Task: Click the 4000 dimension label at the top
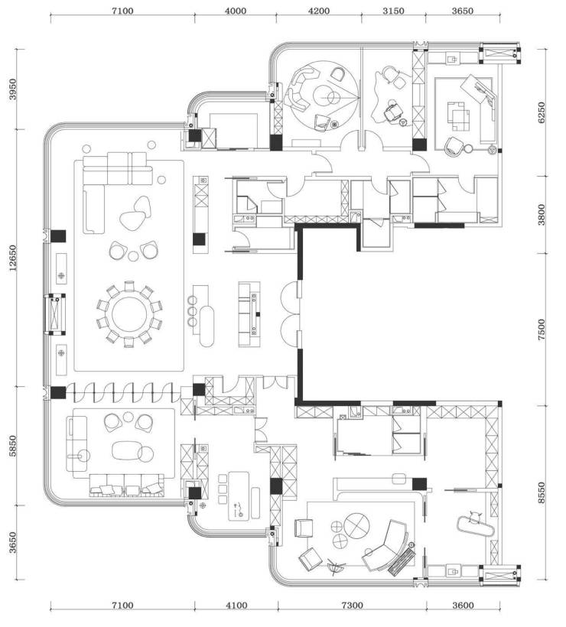[x=236, y=11]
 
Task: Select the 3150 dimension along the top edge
[x=393, y=11]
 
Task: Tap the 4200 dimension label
[x=319, y=11]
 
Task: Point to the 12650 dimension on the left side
[x=13, y=258]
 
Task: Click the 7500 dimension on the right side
[x=542, y=330]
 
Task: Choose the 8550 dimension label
[x=542, y=492]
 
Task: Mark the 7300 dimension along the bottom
[x=352, y=606]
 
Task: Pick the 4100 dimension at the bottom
[x=236, y=606]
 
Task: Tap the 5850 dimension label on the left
[x=13, y=446]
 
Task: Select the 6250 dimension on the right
[x=542, y=112]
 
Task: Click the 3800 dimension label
[x=542, y=215]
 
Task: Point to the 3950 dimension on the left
[x=13, y=89]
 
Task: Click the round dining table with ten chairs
[x=129, y=314]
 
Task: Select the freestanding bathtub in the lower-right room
[x=476, y=526]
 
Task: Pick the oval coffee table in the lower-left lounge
[x=127, y=450]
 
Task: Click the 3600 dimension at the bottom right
[x=463, y=606]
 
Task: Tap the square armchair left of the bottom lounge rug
[x=303, y=528]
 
